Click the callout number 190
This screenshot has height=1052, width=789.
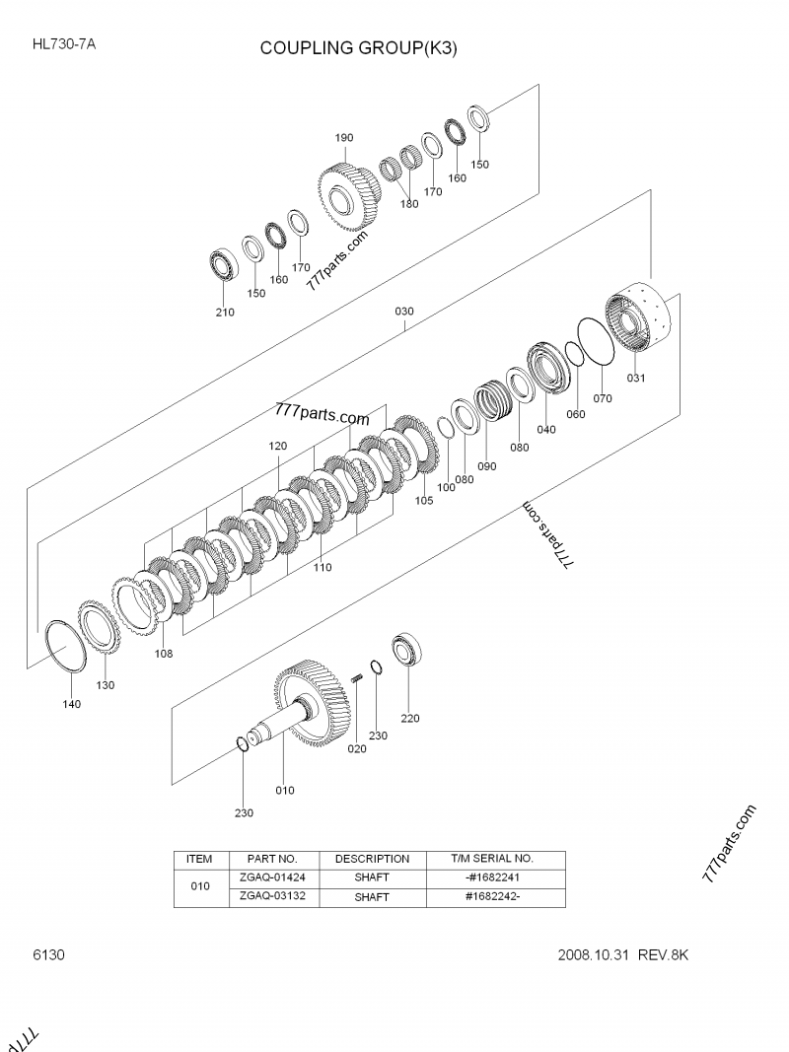343,137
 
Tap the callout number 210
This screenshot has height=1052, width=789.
226,313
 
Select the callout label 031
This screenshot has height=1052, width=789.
636,378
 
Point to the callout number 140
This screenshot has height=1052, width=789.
71,704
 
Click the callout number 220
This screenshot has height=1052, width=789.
409,718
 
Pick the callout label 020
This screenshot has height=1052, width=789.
357,749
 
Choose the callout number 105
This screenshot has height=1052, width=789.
424,500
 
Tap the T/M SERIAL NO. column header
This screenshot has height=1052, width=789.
491,859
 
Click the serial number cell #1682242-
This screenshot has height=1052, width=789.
491,897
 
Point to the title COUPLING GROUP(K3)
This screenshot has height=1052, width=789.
358,47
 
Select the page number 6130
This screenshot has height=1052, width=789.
48,954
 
